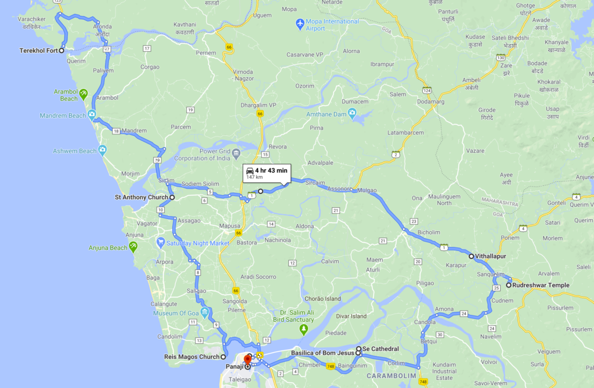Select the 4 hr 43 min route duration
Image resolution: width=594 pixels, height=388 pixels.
click(271, 170)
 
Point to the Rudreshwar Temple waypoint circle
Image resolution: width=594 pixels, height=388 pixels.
click(509, 285)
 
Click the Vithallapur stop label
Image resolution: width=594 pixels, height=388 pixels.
click(491, 256)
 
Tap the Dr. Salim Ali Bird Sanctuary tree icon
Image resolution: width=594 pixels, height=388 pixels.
click(303, 329)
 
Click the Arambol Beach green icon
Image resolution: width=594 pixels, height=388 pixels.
click(84, 93)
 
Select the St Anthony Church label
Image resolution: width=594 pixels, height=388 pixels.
click(142, 197)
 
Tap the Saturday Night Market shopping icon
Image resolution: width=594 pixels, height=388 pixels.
click(161, 243)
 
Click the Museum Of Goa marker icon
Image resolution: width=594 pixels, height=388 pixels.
click(205, 314)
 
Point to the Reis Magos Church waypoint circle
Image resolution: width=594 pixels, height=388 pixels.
click(223, 357)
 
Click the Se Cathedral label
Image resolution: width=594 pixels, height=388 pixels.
click(381, 349)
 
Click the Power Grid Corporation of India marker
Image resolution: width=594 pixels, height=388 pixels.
click(236, 155)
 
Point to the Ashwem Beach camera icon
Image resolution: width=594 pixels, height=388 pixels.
click(103, 151)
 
